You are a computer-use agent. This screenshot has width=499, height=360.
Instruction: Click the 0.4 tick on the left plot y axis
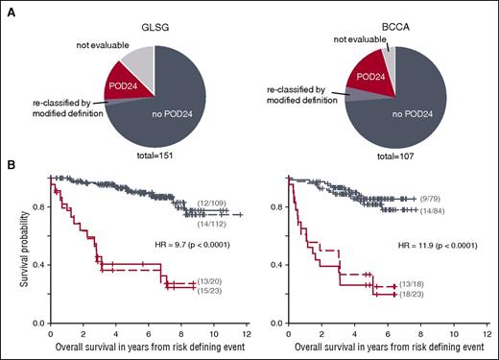36,263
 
